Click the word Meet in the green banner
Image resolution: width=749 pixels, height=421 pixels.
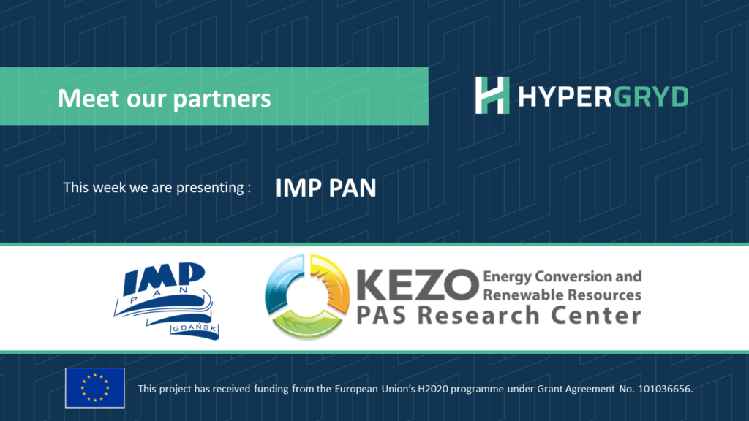pos(88,99)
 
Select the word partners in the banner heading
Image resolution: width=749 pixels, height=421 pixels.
pos(222,99)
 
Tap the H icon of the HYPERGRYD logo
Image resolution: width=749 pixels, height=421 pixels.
pos(492,96)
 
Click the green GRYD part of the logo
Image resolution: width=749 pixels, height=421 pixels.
pos(650,97)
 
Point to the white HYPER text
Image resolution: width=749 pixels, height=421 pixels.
pos(565,97)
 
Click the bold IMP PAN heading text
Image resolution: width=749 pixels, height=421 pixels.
pos(325,188)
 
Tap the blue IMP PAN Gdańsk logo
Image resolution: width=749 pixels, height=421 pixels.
pos(166,300)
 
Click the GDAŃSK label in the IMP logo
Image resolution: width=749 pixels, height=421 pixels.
pos(194,329)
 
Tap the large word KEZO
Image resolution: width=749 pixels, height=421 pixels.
pos(418,285)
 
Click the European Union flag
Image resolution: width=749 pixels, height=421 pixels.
pos(95,388)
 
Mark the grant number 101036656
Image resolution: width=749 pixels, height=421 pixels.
pos(665,389)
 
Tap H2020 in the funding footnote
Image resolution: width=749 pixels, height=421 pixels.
pos(433,389)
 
